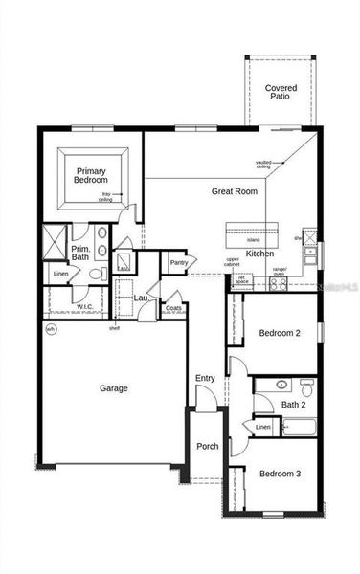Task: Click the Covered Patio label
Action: click(x=281, y=92)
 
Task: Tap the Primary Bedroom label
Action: click(x=92, y=175)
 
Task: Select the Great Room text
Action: click(x=235, y=191)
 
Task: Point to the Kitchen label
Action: click(x=259, y=254)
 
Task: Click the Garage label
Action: click(x=112, y=388)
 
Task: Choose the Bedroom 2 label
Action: click(x=280, y=333)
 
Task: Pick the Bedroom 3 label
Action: click(x=280, y=475)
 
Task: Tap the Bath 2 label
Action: click(x=293, y=404)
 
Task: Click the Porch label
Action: click(x=207, y=447)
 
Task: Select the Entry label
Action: click(x=205, y=379)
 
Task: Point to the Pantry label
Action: click(x=179, y=262)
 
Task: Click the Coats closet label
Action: click(x=173, y=307)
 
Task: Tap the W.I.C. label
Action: click(x=85, y=307)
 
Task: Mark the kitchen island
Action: click(x=253, y=232)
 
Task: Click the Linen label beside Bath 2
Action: click(x=262, y=427)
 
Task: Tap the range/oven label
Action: click(x=280, y=271)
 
